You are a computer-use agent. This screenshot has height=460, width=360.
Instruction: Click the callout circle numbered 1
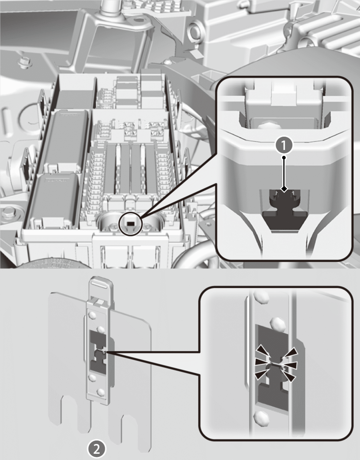pyautogui.click(x=284, y=145)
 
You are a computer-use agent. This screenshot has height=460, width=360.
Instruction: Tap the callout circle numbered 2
pyautogui.click(x=97, y=449)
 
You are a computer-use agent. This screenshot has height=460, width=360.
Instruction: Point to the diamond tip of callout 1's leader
pyautogui.click(x=284, y=189)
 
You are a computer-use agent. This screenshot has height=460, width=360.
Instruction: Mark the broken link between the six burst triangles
pyautogui.click(x=276, y=365)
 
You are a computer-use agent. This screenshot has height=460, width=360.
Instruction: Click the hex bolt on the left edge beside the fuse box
pyautogui.click(x=8, y=212)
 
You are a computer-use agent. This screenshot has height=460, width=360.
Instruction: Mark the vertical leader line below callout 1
pyautogui.click(x=284, y=173)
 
